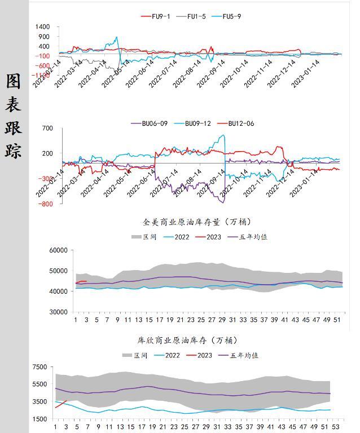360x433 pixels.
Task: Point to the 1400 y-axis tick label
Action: pyautogui.click(x=43, y=27)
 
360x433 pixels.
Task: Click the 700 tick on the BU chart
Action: pyautogui.click(x=47, y=129)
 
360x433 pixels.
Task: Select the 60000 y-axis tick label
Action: pyautogui.click(x=59, y=250)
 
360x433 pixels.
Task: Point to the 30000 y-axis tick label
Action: pyautogui.click(x=59, y=312)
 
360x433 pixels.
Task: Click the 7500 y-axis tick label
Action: pyautogui.click(x=40, y=367)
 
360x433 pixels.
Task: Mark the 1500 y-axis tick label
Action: pyautogui.click(x=40, y=419)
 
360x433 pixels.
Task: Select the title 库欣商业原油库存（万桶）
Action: pyautogui.click(x=188, y=341)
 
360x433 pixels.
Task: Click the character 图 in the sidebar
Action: pyautogui.click(x=14, y=81)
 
